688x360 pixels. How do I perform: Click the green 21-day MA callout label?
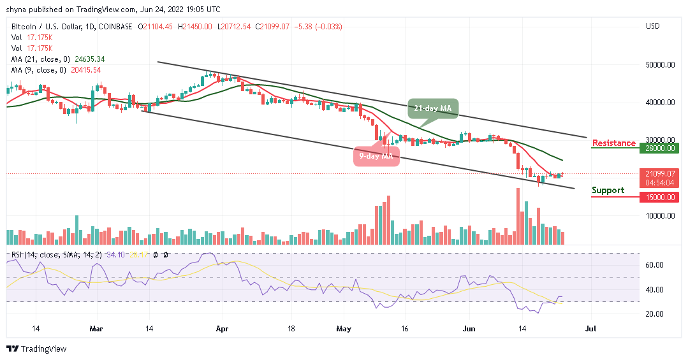[x=433, y=108]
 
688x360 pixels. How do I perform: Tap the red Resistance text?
[x=614, y=143]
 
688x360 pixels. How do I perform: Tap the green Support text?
[x=608, y=191]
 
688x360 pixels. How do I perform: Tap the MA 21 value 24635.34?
[x=89, y=59]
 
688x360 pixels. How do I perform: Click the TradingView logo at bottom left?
[x=36, y=349]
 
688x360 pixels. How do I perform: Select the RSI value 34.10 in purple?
[x=115, y=255]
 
